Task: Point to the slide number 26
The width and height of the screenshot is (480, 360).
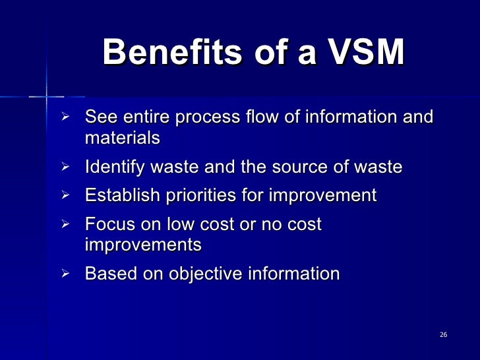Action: (x=443, y=336)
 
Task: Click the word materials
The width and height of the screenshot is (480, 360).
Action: (x=123, y=138)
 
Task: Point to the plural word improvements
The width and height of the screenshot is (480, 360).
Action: (x=143, y=245)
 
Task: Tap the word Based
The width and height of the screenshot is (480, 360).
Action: (x=108, y=273)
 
